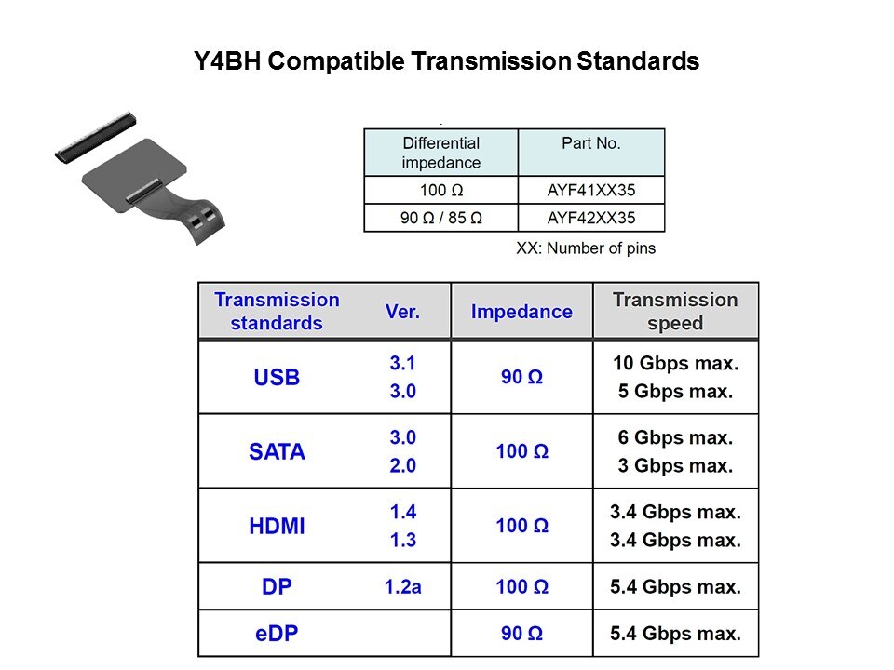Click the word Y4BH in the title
coord(227,61)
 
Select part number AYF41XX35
coord(591,190)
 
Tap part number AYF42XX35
coord(591,218)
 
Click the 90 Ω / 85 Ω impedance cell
coord(441,218)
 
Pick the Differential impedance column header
coord(441,153)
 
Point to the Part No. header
coord(591,143)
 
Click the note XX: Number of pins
coord(586,248)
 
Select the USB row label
coord(277,377)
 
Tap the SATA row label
coord(277,452)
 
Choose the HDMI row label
coord(277,526)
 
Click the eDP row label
coord(277,634)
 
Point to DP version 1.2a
coord(402,587)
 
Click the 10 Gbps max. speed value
coord(676,363)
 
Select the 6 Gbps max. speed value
coord(676,437)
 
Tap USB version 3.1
coord(402,363)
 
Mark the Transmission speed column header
coord(676,311)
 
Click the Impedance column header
coord(521,312)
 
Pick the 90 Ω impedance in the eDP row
coord(521,634)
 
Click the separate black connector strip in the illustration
coord(96,137)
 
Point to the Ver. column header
coord(402,312)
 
